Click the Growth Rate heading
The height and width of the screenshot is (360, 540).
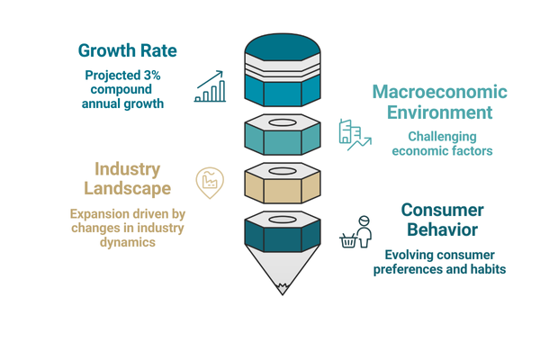pos(128,50)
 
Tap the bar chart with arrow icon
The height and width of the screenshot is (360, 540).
pos(210,86)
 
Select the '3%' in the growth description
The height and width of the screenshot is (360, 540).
pos(151,75)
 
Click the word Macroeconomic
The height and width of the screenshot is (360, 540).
pos(440,92)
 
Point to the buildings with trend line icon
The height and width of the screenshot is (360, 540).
pos(355,135)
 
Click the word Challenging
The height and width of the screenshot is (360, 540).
pos(442,137)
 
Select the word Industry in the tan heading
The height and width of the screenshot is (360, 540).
pos(128,169)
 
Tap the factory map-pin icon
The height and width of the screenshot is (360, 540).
pos(210,183)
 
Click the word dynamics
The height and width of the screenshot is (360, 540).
pos(128,242)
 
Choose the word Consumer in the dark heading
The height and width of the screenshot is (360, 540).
pos(443,210)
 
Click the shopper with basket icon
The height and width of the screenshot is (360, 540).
pos(355,232)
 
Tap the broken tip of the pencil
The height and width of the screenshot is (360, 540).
pos(283,289)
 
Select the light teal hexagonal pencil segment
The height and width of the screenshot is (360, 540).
pos(283,135)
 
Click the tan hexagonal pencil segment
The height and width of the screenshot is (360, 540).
pos(283,184)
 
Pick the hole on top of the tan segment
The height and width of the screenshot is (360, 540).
pos(283,171)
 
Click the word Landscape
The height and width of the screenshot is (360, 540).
pos(128,188)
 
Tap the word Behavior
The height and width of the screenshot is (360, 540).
pos(443,229)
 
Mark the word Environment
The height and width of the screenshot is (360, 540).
pos(440,112)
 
